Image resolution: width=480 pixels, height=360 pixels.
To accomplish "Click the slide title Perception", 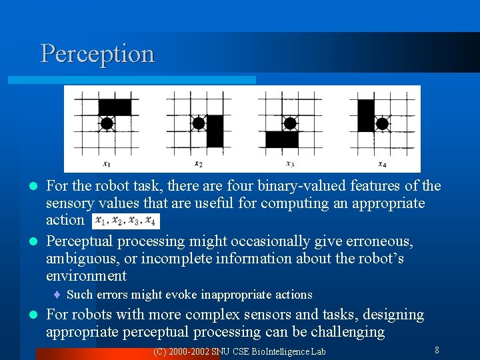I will click(x=97, y=54).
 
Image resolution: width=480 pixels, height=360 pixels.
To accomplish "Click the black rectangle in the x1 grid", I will click(x=115, y=107).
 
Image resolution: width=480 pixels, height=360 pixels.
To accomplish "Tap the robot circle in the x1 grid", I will click(x=107, y=123).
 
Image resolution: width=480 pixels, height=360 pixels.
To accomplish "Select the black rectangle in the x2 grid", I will click(x=215, y=131).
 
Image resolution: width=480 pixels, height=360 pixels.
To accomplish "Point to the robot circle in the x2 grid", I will click(x=198, y=123).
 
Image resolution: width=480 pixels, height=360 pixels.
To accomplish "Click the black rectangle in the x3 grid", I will click(x=282, y=139).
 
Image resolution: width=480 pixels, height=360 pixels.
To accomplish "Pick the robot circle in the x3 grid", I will click(x=290, y=123).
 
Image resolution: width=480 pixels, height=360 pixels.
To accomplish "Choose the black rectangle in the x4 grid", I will click(x=365, y=115).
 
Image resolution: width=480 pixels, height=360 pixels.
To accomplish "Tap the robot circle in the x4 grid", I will click(x=382, y=123).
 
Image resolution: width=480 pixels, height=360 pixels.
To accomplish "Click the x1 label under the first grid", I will click(x=107, y=164).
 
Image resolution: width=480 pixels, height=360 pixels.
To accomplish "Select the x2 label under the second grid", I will click(x=198, y=164).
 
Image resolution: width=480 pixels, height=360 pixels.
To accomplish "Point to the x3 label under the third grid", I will click(x=290, y=164).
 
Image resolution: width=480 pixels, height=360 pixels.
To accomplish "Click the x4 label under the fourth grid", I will click(x=382, y=164).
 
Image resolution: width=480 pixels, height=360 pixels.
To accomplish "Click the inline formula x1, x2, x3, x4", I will click(x=125, y=221).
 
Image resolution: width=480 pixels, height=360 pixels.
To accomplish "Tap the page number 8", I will click(x=437, y=350).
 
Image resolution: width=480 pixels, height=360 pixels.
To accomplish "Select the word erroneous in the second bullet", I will click(x=373, y=241).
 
